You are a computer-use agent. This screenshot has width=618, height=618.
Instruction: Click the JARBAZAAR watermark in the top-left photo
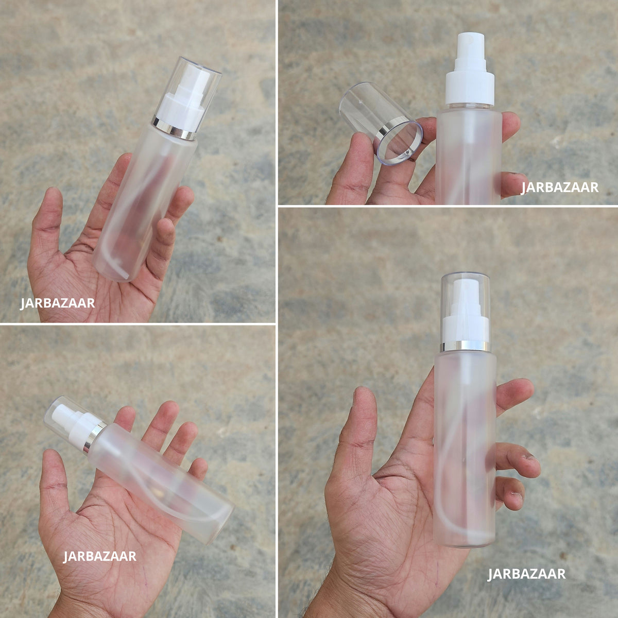click(57, 303)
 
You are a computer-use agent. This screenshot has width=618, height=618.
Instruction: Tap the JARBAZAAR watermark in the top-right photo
click(560, 187)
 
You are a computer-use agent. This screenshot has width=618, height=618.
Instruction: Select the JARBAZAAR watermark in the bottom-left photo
click(99, 556)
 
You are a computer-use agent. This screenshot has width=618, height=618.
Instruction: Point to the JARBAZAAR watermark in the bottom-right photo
click(526, 574)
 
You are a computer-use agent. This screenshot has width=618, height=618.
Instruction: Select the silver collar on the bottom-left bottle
click(94, 437)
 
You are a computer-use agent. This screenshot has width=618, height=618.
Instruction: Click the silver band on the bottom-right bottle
click(465, 346)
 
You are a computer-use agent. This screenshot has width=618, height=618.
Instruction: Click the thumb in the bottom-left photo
click(53, 481)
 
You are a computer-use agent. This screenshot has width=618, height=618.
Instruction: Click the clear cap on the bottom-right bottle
click(465, 308)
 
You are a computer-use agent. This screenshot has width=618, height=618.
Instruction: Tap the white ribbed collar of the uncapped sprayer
click(470, 88)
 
